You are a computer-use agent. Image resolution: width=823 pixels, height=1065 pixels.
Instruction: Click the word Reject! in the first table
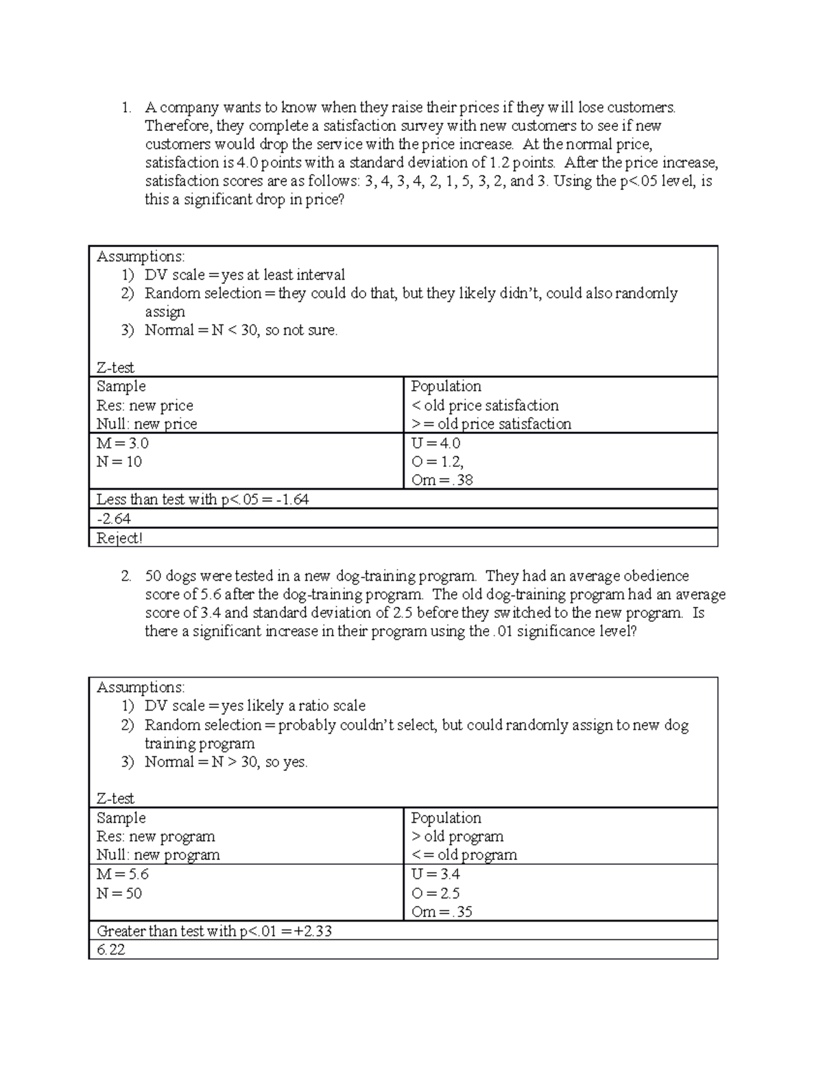[119, 538]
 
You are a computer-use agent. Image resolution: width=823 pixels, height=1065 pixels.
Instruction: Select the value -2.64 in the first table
[114, 518]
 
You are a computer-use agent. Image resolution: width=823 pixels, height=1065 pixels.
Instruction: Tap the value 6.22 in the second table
[111, 950]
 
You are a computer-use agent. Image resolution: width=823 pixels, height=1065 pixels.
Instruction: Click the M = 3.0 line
[123, 443]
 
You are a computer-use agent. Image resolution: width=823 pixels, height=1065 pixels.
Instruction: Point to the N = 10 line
[119, 462]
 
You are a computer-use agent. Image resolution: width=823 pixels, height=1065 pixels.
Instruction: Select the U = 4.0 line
[436, 443]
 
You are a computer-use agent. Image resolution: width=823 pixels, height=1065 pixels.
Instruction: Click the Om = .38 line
[442, 480]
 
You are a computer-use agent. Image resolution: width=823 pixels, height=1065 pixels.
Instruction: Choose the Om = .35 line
[442, 912]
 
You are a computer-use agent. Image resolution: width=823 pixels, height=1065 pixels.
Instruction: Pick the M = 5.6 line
[123, 874]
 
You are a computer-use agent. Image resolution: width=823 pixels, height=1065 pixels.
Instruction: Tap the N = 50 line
[119, 893]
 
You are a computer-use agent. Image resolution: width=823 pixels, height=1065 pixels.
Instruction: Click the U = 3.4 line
[436, 874]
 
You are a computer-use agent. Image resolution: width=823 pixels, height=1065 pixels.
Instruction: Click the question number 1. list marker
[126, 108]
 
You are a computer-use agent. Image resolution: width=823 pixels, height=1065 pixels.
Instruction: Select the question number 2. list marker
[126, 576]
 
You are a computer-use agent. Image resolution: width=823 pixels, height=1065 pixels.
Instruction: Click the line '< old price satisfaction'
[485, 405]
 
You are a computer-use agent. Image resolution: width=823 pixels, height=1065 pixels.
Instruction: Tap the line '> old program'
[457, 837]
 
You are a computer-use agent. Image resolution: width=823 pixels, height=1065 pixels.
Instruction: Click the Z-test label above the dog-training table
[115, 798]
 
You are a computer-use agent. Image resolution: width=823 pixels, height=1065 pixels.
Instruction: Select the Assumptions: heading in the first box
[141, 256]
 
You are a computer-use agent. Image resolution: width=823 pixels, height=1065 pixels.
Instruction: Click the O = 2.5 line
[436, 893]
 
